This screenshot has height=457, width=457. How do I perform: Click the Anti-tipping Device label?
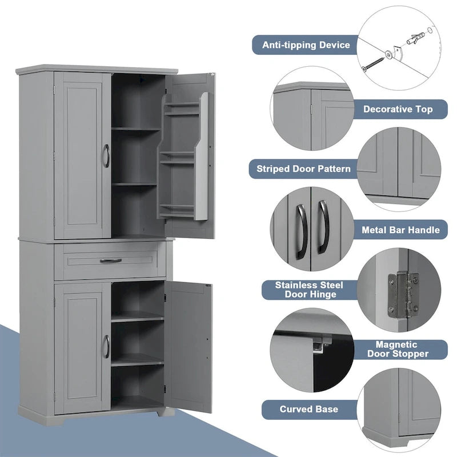306,45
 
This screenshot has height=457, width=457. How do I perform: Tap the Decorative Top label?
398,109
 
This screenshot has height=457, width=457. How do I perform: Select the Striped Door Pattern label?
303,169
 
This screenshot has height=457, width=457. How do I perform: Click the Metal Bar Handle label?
400,230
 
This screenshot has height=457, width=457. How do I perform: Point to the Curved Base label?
308,409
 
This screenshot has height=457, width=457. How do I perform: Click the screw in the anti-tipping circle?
374,62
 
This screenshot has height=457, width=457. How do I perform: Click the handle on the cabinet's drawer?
111,260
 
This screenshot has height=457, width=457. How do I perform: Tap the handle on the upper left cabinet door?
106,155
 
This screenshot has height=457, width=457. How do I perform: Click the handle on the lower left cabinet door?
106,347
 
